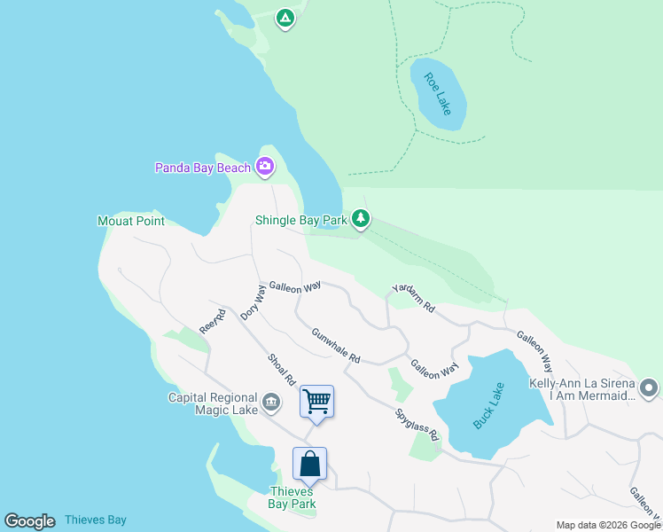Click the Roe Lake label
pyautogui.click(x=438, y=93)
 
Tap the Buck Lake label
pyautogui.click(x=488, y=405)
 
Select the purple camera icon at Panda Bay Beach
pyautogui.click(x=264, y=166)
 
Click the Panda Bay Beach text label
pyautogui.click(x=203, y=167)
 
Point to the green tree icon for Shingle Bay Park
pyautogui.click(x=360, y=217)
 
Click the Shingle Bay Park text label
pyautogui.click(x=300, y=219)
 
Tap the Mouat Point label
pyautogui.click(x=131, y=221)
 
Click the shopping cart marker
pyautogui.click(x=316, y=401)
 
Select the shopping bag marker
pyautogui.click(x=309, y=463)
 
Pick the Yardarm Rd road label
pyautogui.click(x=414, y=299)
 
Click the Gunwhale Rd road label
pyautogui.click(x=336, y=346)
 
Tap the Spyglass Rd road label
pyautogui.click(x=417, y=425)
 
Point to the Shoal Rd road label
pyautogui.click(x=282, y=370)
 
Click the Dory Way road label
pyautogui.click(x=253, y=301)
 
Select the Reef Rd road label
pyautogui.click(x=208, y=321)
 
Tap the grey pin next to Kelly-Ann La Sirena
pyautogui.click(x=649, y=388)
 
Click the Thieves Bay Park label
pyautogui.click(x=292, y=497)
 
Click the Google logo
pyautogui.click(x=29, y=521)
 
